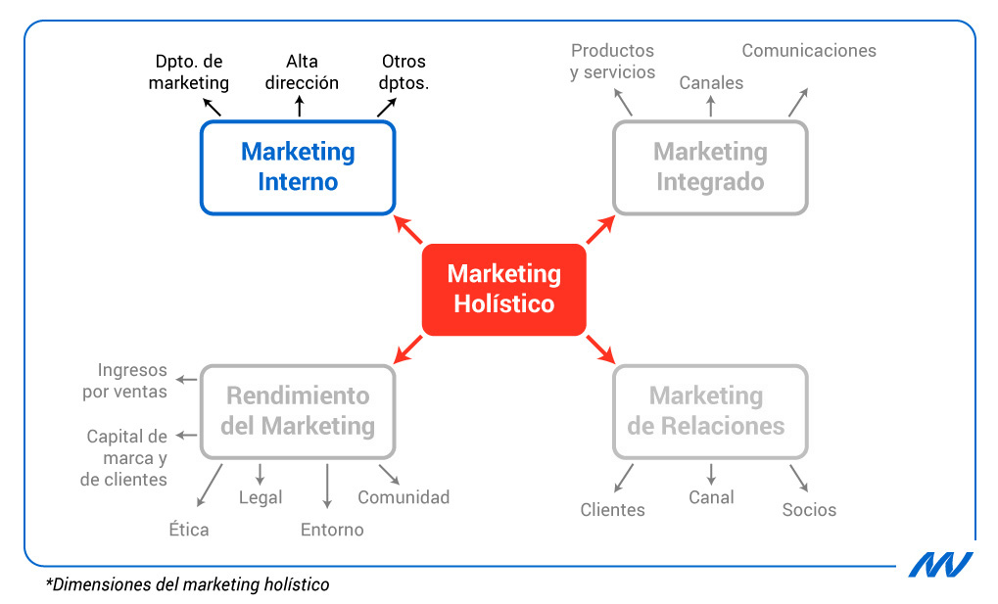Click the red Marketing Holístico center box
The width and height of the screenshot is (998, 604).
(503, 289)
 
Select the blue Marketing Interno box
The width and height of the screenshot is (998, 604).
(298, 166)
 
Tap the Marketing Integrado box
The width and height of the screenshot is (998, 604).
(710, 166)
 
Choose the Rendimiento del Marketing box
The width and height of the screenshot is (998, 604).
(298, 411)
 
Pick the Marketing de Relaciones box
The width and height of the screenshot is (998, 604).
(710, 411)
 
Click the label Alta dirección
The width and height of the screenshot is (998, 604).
(302, 71)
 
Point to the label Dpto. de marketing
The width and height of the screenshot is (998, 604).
(189, 71)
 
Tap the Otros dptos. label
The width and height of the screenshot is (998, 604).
(404, 71)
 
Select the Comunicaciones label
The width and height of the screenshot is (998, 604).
(808, 50)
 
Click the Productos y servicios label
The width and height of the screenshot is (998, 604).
(612, 61)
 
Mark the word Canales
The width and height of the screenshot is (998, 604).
(711, 83)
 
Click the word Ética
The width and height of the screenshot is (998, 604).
(188, 530)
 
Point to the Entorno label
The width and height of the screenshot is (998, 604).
(332, 530)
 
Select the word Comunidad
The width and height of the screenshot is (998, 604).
(404, 497)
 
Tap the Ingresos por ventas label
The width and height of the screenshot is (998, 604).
(132, 381)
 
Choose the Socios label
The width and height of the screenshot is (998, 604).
(809, 510)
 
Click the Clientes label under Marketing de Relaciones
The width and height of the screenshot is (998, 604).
(612, 510)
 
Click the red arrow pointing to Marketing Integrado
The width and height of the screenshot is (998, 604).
(600, 230)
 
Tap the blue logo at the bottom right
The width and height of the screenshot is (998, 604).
(939, 564)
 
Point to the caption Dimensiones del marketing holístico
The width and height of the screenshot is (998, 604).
(187, 585)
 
